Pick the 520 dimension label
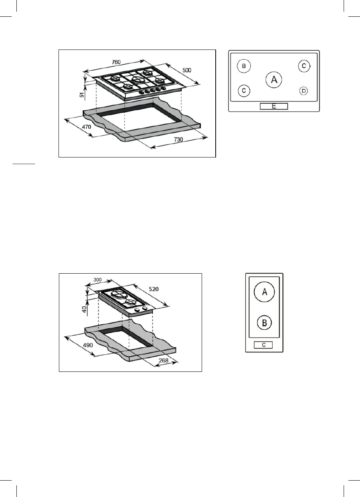154,289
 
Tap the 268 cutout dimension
164,361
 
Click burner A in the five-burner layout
274,80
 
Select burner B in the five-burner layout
244,66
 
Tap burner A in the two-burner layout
264,292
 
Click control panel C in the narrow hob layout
264,345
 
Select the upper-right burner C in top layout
304,66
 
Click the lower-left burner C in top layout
244,91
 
